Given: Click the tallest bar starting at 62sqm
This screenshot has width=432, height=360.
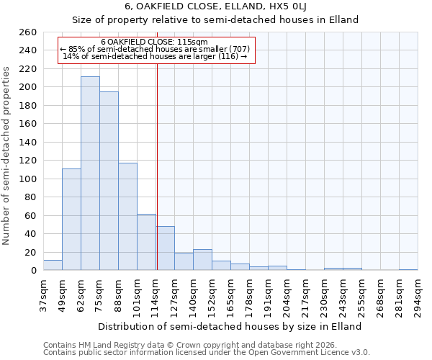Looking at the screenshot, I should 90,174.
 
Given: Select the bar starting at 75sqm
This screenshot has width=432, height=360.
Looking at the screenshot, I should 109,181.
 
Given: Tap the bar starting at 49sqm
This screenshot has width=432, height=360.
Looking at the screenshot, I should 71,220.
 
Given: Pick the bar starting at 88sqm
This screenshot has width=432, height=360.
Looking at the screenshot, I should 127,216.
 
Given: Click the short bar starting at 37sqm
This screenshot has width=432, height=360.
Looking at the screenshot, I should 53,265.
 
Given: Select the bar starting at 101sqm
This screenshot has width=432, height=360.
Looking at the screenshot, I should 146,242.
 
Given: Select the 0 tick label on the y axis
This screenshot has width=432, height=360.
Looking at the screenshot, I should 33,271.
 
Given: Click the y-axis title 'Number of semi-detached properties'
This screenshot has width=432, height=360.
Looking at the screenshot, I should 7,155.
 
